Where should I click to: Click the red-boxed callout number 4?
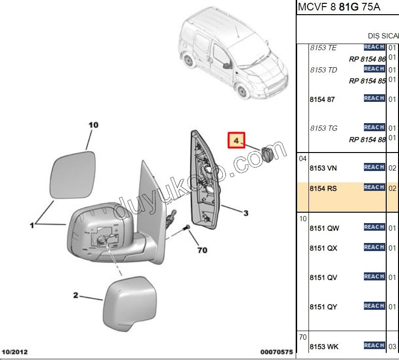click(x=236, y=140)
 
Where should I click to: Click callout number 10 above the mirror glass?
click(x=93, y=125)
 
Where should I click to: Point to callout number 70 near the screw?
click(x=202, y=250)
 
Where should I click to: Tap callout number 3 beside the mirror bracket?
click(x=246, y=214)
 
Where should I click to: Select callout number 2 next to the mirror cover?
click(x=75, y=296)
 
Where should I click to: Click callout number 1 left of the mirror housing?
click(x=32, y=225)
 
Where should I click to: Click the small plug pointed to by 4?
click(x=266, y=154)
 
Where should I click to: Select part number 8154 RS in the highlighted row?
click(x=323, y=189)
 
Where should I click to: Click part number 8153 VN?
click(x=323, y=168)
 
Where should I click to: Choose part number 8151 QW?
click(x=324, y=228)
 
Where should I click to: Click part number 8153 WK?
click(x=324, y=347)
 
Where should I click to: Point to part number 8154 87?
click(x=322, y=99)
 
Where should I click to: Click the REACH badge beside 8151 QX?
click(x=374, y=247)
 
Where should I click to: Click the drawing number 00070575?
click(x=276, y=352)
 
